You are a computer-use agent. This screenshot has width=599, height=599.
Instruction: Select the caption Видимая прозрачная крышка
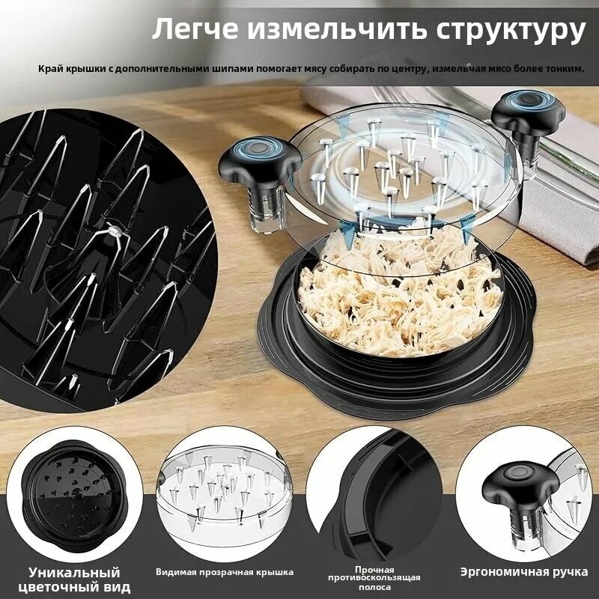click(225, 571)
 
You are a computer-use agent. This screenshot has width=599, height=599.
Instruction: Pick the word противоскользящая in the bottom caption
click(374, 577)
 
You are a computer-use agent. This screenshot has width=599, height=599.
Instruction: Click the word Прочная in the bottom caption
click(374, 568)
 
